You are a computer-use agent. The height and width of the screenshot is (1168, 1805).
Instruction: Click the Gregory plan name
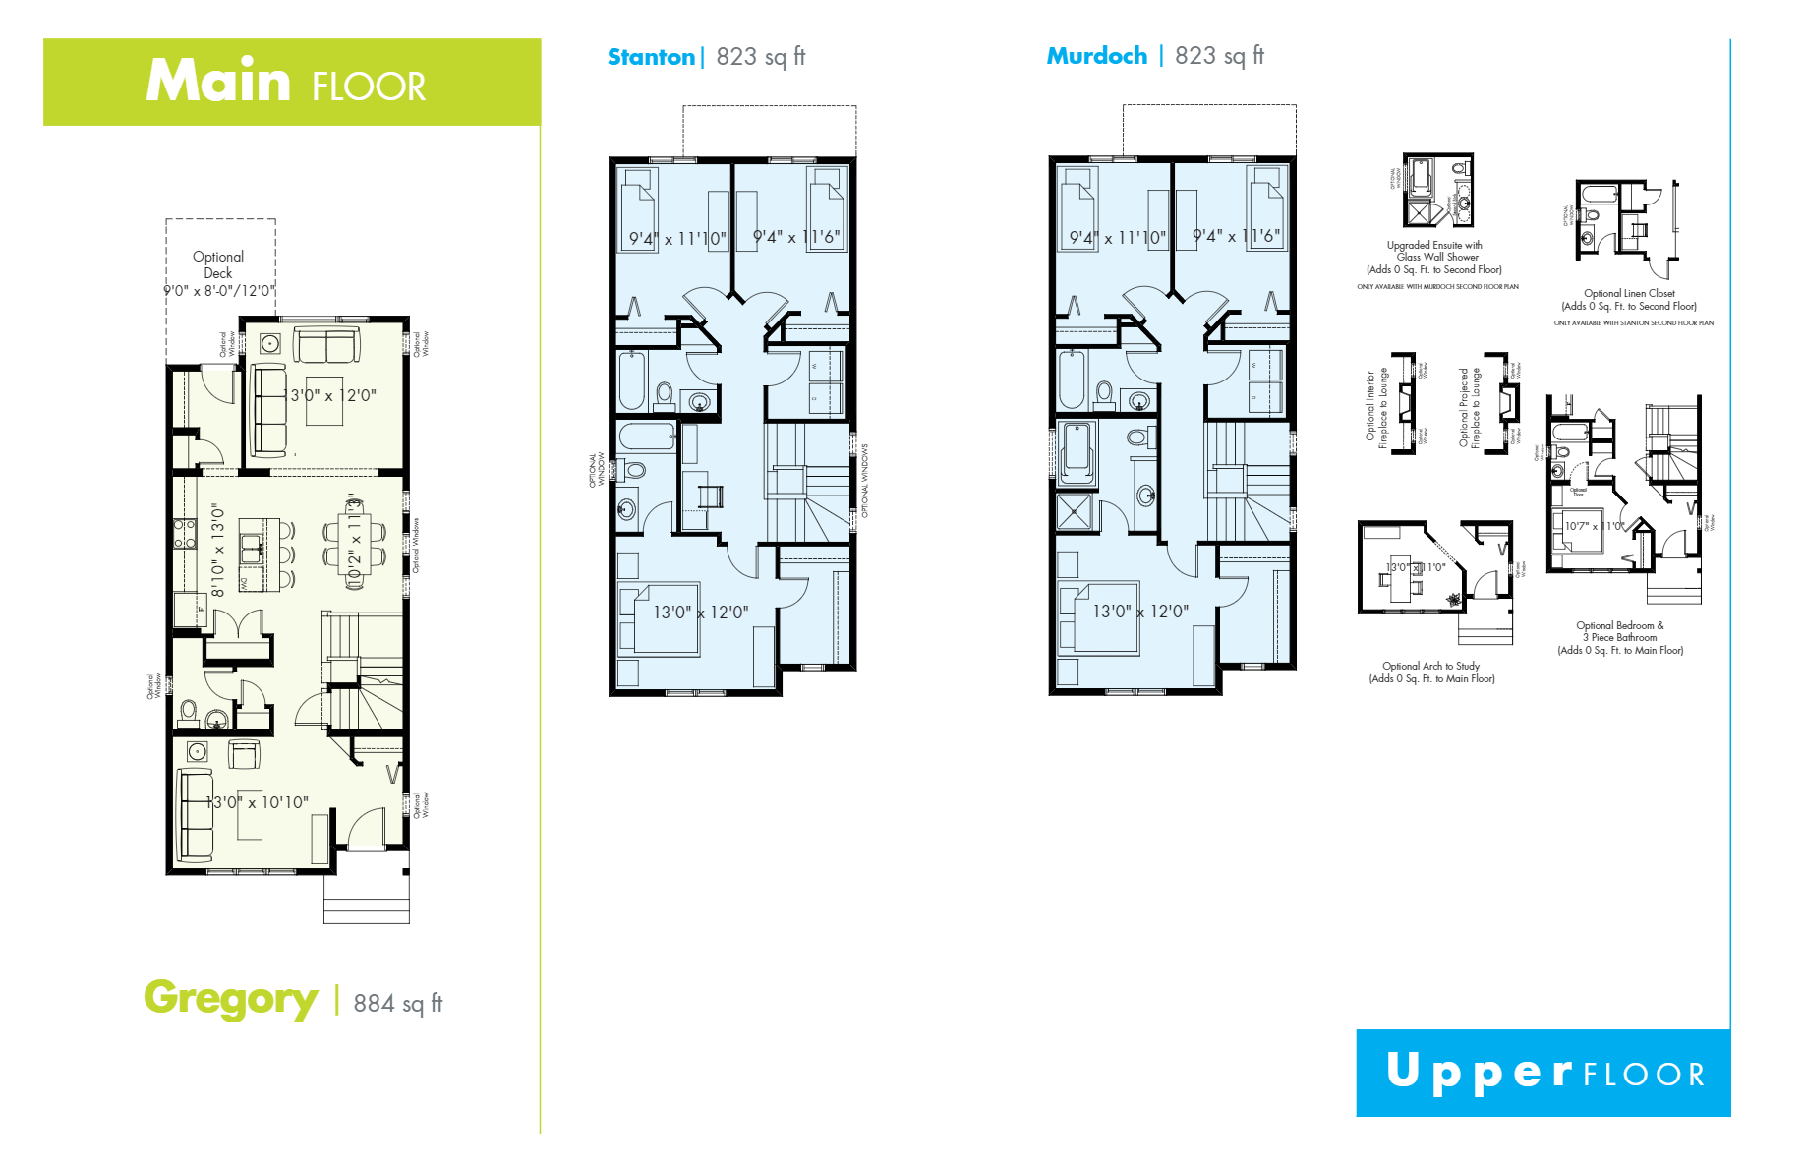tap(230, 998)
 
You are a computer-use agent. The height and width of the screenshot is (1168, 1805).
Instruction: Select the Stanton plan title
tap(651, 57)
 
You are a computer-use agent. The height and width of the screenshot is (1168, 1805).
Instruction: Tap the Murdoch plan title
tap(1096, 56)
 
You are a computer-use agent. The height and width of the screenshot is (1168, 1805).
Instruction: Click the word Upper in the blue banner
tap(1478, 1072)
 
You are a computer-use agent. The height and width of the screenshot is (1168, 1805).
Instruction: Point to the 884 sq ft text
tap(398, 1003)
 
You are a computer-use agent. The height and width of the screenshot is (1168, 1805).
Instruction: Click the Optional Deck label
tap(218, 264)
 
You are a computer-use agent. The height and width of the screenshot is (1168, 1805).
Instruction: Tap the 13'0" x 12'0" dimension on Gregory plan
tap(330, 395)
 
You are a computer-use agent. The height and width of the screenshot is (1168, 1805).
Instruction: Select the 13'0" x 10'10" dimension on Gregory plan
tap(258, 802)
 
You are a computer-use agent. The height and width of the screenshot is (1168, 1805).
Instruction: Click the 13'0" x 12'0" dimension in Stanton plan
tap(701, 612)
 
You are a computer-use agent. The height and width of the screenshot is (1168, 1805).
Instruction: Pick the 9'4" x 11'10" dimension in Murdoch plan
tap(1117, 238)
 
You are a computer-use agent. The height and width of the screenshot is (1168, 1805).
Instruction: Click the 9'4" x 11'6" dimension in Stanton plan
tap(796, 237)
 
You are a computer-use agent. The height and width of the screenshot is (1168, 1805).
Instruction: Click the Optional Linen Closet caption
tap(1629, 300)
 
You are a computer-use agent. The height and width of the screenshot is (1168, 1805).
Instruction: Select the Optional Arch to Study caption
tap(1431, 672)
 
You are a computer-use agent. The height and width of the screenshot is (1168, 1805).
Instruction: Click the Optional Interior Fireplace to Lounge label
tap(1376, 408)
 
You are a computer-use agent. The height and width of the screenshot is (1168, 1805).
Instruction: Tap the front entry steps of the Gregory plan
tap(367, 899)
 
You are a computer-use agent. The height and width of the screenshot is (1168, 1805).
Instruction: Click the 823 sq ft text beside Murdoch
tap(1219, 56)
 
